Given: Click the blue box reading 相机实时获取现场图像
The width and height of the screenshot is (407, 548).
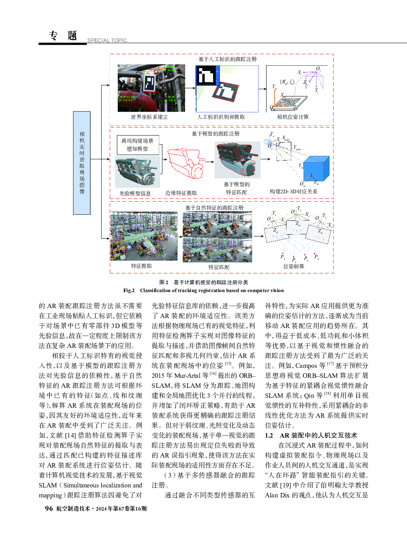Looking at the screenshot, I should point(82,163).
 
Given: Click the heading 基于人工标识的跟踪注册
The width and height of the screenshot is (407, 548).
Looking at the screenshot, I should point(227,59).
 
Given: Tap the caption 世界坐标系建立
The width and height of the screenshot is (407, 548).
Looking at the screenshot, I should point(149,117).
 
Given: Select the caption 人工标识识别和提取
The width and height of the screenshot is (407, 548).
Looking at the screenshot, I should point(221,117).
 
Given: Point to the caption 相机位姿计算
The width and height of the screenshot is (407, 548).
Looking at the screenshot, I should point(293,117).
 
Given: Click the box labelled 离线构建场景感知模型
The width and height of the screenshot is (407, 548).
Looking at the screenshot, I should point(137,145).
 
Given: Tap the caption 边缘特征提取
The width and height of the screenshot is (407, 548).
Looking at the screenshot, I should point(181,193).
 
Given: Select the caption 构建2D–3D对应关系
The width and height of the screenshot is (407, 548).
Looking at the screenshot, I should point(294,192).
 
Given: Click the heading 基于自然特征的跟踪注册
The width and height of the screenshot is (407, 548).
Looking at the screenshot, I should point(214,208).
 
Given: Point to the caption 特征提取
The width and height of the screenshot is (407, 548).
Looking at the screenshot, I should point(141,266).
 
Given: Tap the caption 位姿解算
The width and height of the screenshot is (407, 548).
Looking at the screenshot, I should point(294,267).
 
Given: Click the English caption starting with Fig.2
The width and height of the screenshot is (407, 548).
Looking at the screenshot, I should point(203,291).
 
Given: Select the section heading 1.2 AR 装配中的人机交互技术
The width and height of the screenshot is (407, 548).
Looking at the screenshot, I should point(311,435).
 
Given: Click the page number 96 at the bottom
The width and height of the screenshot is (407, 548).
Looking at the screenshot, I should point(49,509).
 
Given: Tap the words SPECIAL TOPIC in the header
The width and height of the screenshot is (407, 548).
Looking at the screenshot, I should point(107,40).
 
